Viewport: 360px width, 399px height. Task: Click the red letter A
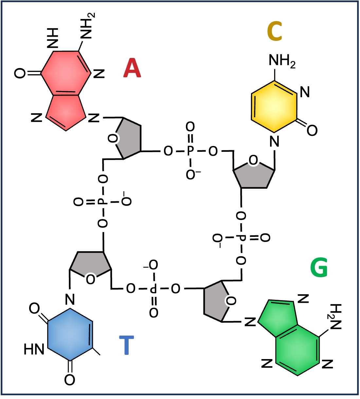point(132,68)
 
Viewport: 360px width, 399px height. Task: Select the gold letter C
point(275,31)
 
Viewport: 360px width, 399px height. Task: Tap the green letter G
point(319,267)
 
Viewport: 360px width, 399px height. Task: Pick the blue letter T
point(127,345)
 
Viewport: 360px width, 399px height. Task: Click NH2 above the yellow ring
point(282,60)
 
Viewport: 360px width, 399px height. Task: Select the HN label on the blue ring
point(34,349)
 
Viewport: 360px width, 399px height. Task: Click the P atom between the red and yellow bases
point(190,151)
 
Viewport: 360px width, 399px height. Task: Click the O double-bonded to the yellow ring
point(312,130)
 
